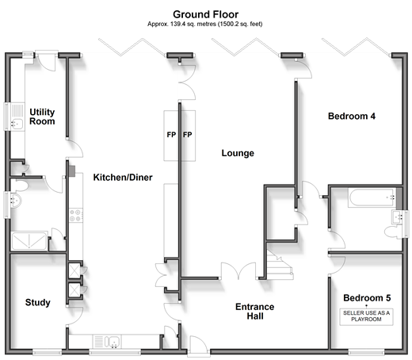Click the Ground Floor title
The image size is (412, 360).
(205, 14)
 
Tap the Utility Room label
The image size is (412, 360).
(42, 117)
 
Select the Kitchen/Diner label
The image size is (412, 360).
(123, 178)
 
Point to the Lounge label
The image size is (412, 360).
(238, 153)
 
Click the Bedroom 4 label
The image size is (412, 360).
(352, 116)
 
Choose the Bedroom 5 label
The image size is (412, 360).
(367, 298)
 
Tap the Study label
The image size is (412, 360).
(38, 302)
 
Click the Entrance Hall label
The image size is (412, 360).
(255, 312)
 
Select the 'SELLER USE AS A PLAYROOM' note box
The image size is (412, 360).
(366, 316)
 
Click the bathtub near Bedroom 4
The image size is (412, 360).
(372, 197)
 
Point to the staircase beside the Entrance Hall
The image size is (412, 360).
(280, 265)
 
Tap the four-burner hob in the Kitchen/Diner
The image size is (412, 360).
(76, 215)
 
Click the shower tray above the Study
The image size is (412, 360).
(29, 241)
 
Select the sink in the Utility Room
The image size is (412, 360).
(17, 124)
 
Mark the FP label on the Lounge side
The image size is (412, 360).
(188, 135)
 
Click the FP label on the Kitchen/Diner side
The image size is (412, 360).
(171, 135)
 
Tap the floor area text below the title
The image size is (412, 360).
(205, 24)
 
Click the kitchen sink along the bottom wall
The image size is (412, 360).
(112, 341)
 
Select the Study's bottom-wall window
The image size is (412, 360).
(47, 352)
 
